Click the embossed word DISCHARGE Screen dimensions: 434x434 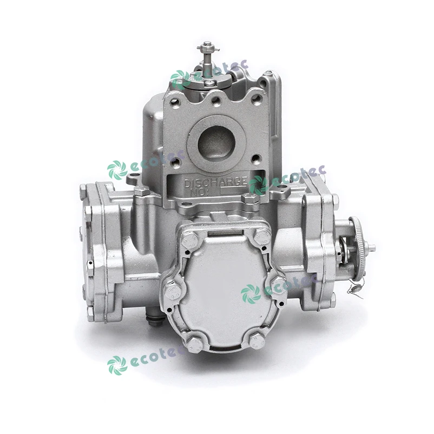pyautogui.click(x=215, y=182)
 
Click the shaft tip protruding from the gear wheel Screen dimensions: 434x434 pyautogui.click(x=372, y=248)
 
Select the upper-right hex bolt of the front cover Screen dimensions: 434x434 pyautogui.click(x=262, y=235)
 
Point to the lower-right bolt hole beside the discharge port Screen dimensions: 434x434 pyautogui.click(x=256, y=158)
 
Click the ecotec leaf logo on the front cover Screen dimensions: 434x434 pyautogui.click(x=251, y=293)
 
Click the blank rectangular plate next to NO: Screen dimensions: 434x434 pyautogui.click(x=233, y=190)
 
